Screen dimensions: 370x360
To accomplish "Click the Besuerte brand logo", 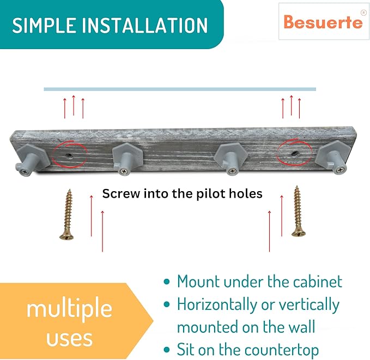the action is tap(323, 21).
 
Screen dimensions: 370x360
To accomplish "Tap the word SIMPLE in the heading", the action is tap(44, 25).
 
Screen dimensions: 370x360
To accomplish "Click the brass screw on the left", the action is tap(67, 215).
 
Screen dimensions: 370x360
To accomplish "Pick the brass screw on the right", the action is tap(298, 211).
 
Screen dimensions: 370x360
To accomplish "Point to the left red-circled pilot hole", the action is tap(69, 155).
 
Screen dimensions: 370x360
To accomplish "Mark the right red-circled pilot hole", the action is tap(295, 154).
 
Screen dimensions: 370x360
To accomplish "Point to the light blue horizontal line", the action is tap(180, 89).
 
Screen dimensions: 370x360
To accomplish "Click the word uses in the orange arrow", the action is tap(69, 339).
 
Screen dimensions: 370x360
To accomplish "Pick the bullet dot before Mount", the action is tap(167, 282).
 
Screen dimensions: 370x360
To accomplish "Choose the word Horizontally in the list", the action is tap(217, 305).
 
